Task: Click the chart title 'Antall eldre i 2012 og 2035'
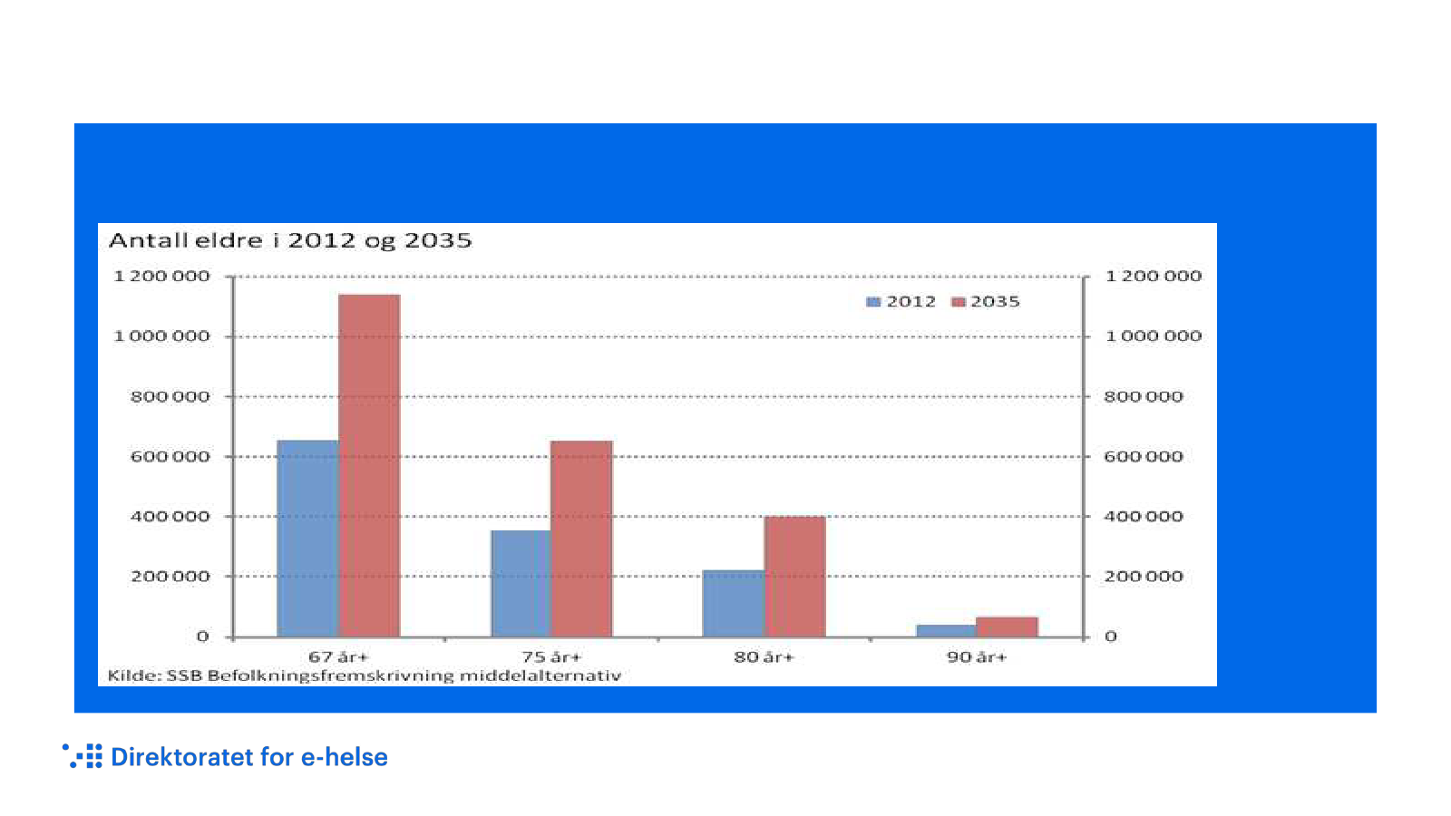[x=290, y=241]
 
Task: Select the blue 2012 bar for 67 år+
[x=307, y=539]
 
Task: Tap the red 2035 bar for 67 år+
[x=369, y=466]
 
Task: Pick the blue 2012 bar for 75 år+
[x=521, y=584]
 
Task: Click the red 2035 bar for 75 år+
[x=581, y=539]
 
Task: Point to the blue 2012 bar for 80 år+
[x=733, y=604]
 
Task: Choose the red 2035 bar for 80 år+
[x=794, y=577]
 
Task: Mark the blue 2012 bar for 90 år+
[x=946, y=631]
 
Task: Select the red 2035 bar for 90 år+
[x=1007, y=627]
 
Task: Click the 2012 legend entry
[x=901, y=302]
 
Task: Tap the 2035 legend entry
[x=986, y=302]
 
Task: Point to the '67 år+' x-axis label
[x=338, y=657]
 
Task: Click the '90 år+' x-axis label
[x=977, y=657]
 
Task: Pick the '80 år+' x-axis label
[x=764, y=657]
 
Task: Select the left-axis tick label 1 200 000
[x=161, y=277]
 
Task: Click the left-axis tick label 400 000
[x=170, y=517]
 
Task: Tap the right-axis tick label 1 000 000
[x=1154, y=336]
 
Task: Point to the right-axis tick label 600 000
[x=1144, y=457]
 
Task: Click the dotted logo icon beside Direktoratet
[x=83, y=756]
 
